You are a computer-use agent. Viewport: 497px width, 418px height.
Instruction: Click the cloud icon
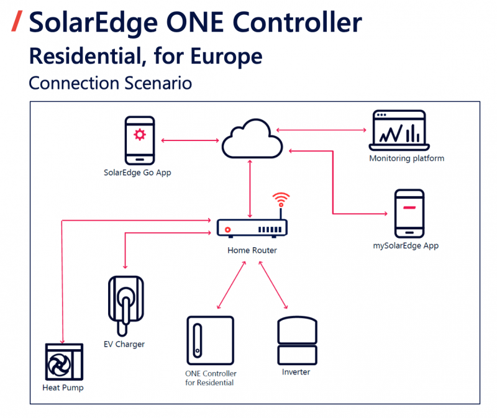pos(252,140)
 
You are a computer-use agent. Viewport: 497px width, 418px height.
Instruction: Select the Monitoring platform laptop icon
pos(398,130)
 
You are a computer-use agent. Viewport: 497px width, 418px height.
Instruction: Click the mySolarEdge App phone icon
pos(409,213)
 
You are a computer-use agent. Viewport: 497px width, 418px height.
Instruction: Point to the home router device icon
pos(252,228)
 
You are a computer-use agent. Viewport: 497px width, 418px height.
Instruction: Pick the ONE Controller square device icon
pos(211,340)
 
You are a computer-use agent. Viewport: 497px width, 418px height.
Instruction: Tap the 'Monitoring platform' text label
pos(406,158)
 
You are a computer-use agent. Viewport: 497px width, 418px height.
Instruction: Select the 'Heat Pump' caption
pos(63,388)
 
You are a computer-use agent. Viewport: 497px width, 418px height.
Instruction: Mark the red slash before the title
pos(17,22)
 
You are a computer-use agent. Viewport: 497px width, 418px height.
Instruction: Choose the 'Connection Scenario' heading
pos(110,82)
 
